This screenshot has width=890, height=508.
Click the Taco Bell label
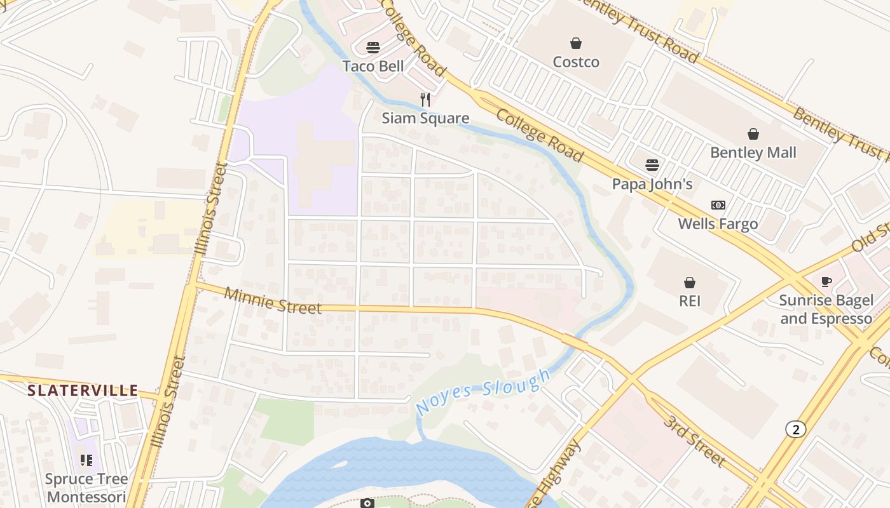point(373,66)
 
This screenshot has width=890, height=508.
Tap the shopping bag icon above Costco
point(576,43)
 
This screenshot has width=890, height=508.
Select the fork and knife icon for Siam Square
point(425,100)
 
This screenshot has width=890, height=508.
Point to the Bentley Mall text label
point(753,152)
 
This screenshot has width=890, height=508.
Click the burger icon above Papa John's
point(652,165)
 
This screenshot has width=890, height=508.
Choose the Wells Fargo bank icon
point(718,205)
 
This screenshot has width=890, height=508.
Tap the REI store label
point(690,300)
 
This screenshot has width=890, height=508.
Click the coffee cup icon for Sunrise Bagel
point(826,281)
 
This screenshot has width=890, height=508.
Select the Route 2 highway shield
point(795,430)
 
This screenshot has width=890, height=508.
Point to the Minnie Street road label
point(273,301)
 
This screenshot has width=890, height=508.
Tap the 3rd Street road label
point(694,440)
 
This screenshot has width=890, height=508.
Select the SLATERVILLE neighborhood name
point(83,391)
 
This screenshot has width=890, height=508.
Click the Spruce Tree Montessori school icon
point(86,460)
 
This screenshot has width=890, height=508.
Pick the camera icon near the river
point(367,503)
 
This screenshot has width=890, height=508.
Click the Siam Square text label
point(425,118)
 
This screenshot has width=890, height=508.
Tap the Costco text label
point(576,62)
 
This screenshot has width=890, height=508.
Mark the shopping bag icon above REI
point(690,282)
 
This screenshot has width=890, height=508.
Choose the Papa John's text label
point(652,184)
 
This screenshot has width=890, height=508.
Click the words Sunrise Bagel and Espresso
point(826,309)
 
